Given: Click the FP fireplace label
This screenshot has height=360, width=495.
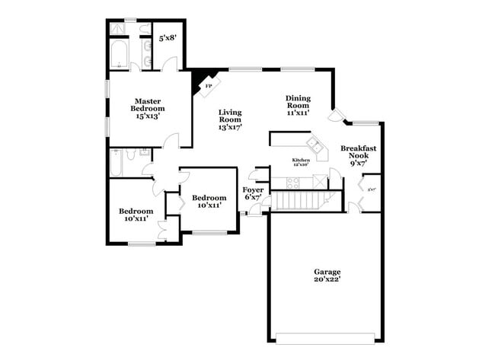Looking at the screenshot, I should click(x=208, y=87).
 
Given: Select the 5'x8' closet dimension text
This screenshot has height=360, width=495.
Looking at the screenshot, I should click(x=167, y=37).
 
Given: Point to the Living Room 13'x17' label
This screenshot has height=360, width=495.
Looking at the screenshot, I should click(x=230, y=119).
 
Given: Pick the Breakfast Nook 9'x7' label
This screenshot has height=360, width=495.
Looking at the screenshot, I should click(x=358, y=154).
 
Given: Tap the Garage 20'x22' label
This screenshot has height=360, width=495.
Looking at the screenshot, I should click(x=327, y=276).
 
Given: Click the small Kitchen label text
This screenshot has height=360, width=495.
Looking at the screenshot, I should click(x=301, y=161).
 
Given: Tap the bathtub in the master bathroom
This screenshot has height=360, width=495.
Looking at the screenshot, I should click(x=120, y=55).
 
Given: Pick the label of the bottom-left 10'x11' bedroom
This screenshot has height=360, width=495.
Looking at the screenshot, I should click(x=136, y=215).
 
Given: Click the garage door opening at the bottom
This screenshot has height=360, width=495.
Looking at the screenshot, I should click(x=326, y=338).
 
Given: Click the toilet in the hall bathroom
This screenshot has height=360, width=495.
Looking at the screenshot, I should click(x=131, y=155).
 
